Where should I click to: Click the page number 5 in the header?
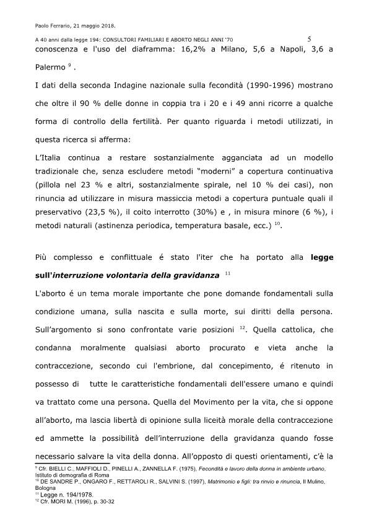coord(308,39)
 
